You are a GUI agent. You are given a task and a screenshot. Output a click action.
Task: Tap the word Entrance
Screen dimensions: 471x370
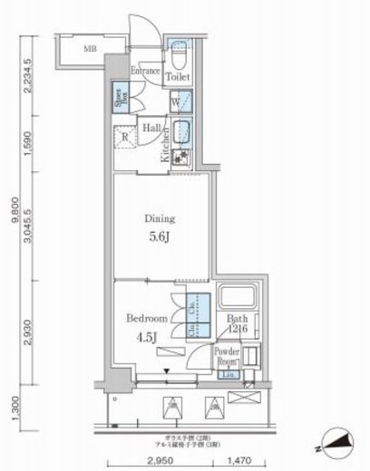(145, 71)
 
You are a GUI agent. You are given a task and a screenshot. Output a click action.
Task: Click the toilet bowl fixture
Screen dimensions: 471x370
(180, 54)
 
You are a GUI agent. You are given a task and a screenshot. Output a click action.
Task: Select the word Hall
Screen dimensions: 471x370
(151, 129)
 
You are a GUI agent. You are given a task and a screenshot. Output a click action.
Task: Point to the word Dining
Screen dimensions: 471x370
(161, 218)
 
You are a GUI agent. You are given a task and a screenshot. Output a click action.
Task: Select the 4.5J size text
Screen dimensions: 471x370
(145, 339)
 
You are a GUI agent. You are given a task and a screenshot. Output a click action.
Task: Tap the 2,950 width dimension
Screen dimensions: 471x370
(157, 461)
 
